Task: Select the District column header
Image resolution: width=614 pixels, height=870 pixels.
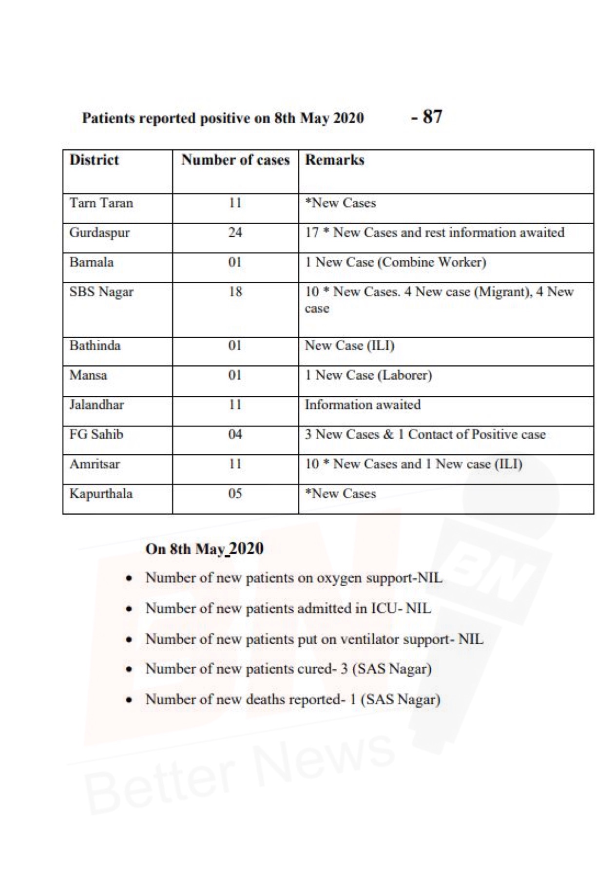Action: point(94,160)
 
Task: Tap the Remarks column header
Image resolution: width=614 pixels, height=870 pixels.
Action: point(334,160)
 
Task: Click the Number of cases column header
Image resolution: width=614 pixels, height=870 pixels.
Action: point(235,160)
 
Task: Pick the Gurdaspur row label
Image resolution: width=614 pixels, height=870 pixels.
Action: point(99,232)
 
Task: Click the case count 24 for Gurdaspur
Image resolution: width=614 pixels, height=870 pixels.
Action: point(235,232)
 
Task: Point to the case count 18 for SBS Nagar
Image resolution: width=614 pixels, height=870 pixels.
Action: point(235,292)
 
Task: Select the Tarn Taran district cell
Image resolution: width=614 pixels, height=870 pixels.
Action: point(101,203)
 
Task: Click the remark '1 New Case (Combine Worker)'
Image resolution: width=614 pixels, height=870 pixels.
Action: point(395,262)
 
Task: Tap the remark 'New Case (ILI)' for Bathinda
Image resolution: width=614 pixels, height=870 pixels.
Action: point(349,346)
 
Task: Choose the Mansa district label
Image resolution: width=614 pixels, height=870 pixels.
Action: point(88,375)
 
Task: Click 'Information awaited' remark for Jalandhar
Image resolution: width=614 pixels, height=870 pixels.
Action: point(363,405)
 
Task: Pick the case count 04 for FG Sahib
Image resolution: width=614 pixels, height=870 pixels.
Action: point(235,434)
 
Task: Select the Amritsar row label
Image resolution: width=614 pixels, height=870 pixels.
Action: point(95,464)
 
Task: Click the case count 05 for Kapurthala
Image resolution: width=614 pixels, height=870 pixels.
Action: point(235,494)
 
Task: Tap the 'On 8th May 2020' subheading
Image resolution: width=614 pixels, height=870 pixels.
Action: point(204,549)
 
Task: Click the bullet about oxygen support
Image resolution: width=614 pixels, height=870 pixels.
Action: point(293,578)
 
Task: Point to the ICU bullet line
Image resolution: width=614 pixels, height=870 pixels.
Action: point(288,609)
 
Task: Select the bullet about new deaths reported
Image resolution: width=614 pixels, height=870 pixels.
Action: point(292,700)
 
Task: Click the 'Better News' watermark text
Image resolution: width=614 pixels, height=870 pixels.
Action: point(239,770)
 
